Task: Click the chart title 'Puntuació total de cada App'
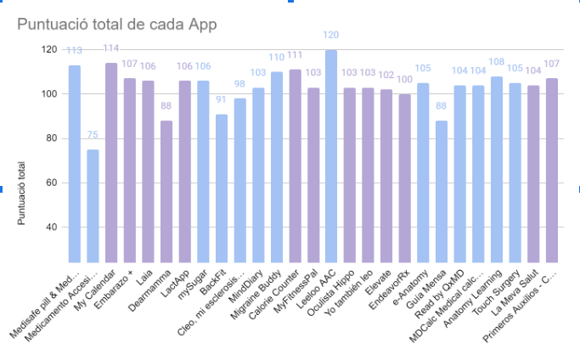click(x=117, y=24)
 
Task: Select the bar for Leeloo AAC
click(x=331, y=157)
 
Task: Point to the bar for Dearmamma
click(x=166, y=192)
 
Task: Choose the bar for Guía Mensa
click(x=441, y=192)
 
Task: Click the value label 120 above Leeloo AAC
click(x=331, y=36)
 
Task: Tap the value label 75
click(x=93, y=135)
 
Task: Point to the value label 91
click(x=222, y=99)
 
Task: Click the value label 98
click(x=239, y=84)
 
